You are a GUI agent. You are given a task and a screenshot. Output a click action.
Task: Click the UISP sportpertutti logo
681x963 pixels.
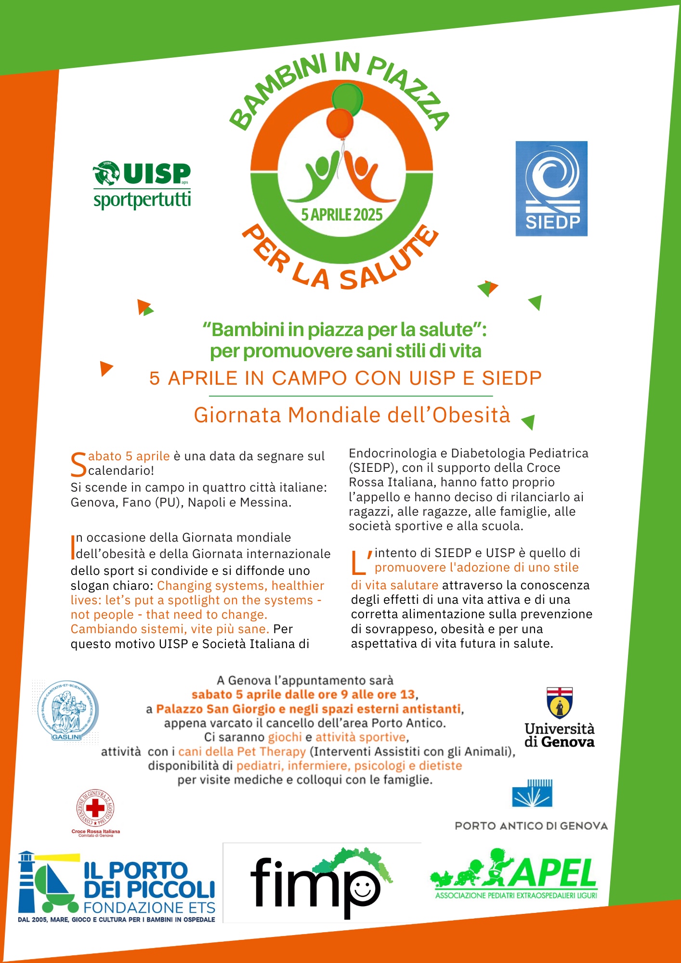142,185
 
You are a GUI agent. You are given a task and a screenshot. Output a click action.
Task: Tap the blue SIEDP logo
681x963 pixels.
551,188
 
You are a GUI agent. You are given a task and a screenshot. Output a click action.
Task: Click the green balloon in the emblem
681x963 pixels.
348,99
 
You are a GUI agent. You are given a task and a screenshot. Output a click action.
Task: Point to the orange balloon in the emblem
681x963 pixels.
340,123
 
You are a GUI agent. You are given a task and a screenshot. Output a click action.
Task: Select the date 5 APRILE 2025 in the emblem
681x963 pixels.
342,215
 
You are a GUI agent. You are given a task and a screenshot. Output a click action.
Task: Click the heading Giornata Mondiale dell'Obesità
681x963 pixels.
352,415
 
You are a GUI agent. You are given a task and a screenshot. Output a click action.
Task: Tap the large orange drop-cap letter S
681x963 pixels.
78,464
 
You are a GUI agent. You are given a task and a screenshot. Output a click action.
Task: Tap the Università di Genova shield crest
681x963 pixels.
560,703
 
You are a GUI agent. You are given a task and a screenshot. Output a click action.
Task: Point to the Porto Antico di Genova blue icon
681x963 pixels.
532,793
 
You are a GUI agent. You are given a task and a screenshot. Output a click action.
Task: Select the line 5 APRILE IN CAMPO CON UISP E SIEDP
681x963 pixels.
345,378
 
